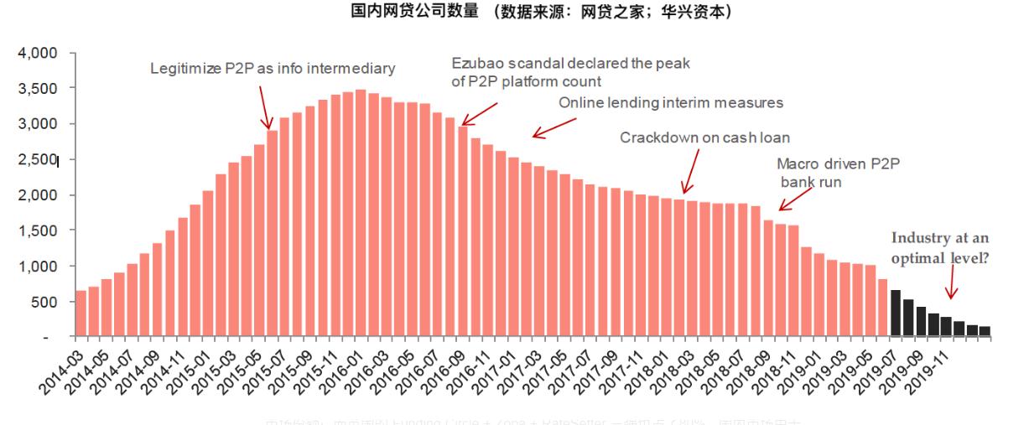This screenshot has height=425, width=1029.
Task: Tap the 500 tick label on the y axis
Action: [x=45, y=302]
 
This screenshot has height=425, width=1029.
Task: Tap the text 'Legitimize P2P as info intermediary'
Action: [x=272, y=68]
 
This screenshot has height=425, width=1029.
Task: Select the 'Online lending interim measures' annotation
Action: [x=670, y=103]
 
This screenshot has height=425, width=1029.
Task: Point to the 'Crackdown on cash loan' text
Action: [x=704, y=137]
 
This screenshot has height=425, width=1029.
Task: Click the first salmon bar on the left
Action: [x=81, y=314]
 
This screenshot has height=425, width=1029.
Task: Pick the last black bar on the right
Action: [x=985, y=331]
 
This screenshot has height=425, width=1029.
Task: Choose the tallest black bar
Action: [x=895, y=313]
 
